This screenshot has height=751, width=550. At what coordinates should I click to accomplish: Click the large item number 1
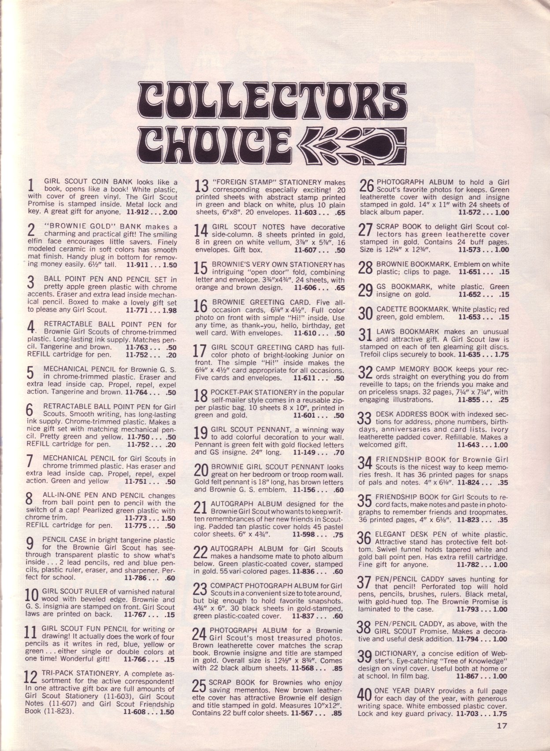point(31,185)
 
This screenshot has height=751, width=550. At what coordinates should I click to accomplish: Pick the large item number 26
point(367,186)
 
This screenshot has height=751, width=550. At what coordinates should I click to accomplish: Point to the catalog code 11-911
point(137,265)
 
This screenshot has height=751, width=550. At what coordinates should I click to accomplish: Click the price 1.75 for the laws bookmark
point(502,354)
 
